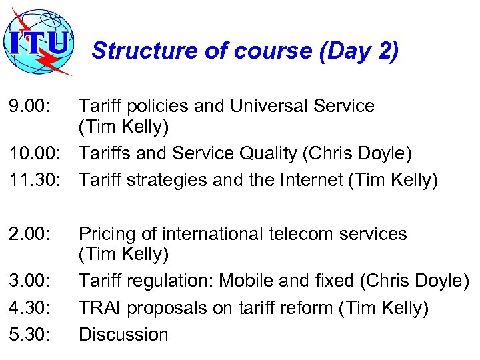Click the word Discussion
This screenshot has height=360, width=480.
123,335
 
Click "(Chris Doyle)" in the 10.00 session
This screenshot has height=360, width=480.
357,153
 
